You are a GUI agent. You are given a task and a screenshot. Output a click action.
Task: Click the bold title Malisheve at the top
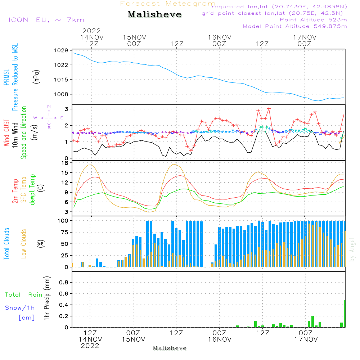[154, 14]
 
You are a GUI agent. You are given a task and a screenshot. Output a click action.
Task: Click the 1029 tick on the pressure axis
[61, 50]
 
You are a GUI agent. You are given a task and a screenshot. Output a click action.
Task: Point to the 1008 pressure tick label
[61, 94]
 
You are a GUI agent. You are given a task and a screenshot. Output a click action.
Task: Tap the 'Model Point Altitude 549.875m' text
[295, 26]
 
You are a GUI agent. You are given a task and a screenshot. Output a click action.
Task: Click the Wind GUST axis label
[6, 132]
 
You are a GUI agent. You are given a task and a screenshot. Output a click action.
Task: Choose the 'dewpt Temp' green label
[32, 189]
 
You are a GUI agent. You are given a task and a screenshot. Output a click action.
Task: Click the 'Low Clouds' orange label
[24, 244]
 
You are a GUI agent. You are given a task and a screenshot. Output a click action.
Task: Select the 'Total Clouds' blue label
[6, 244]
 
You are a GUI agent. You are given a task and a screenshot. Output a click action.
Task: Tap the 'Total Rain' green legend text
[24, 294]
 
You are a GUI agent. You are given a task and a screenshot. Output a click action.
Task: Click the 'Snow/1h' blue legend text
[20, 308]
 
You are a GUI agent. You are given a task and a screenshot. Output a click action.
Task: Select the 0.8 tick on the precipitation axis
[64, 282]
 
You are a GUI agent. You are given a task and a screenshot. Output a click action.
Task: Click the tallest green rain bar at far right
[345, 314]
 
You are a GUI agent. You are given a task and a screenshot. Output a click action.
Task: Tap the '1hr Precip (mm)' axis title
[47, 298]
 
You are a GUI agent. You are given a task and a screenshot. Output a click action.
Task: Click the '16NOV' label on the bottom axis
[220, 339]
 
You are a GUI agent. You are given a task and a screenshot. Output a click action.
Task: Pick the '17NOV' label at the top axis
[305, 37]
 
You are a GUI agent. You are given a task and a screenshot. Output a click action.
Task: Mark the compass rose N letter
[49, 107]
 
